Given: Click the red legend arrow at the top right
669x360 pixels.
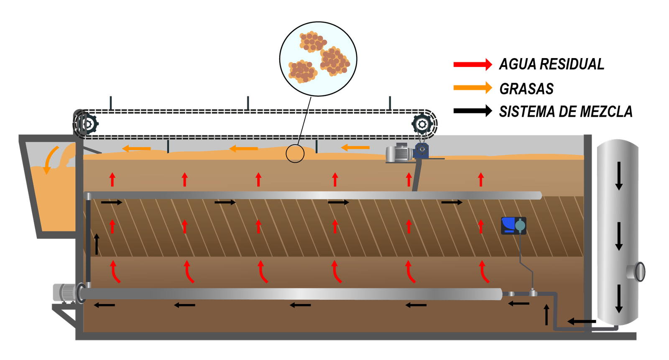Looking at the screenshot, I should pyautogui.click(x=472, y=64).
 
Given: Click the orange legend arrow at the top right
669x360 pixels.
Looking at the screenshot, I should pyautogui.click(x=472, y=87).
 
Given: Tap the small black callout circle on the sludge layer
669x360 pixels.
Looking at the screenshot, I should pyautogui.click(x=295, y=153).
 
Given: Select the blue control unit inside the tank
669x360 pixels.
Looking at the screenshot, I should pyautogui.click(x=513, y=226).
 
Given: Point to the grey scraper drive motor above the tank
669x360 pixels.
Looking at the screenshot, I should pyautogui.click(x=398, y=153).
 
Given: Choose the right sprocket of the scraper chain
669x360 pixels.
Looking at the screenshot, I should pyautogui.click(x=422, y=125).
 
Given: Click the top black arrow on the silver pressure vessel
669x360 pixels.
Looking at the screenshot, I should pyautogui.click(x=619, y=176).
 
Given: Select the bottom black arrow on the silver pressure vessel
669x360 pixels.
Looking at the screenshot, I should pyautogui.click(x=619, y=299).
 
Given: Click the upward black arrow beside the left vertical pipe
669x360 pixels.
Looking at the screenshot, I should pyautogui.click(x=97, y=244).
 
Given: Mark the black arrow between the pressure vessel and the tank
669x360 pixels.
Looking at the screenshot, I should pyautogui.click(x=579, y=322).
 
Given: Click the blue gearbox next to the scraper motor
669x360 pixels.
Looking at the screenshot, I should pyautogui.click(x=421, y=150).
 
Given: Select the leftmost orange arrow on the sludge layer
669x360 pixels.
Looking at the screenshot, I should pyautogui.click(x=136, y=148).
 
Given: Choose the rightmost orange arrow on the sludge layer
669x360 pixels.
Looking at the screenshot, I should pyautogui.click(x=355, y=148).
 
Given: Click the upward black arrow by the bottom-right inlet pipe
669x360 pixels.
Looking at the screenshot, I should pyautogui.click(x=546, y=315).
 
